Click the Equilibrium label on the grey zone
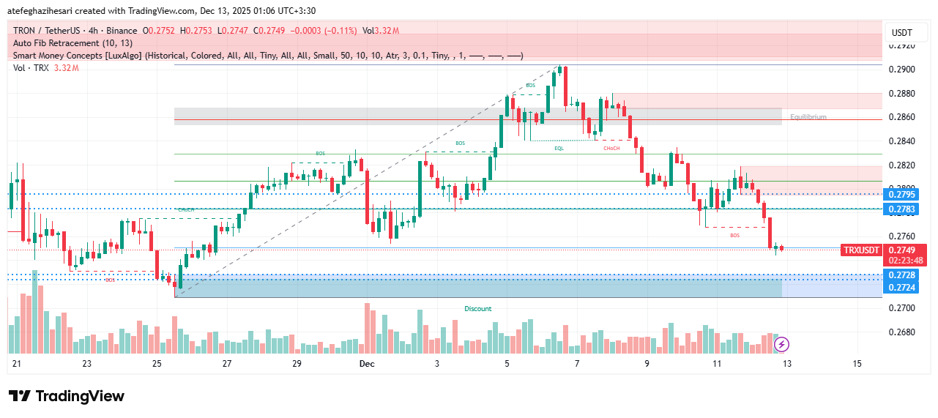[x=808, y=117]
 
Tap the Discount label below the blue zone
[x=478, y=309]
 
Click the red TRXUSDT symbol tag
[x=861, y=250]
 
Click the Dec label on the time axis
[x=367, y=364]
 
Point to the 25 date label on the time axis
[x=157, y=364]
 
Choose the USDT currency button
[x=902, y=33]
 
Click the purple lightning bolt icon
[x=781, y=344]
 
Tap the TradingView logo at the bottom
[x=67, y=396]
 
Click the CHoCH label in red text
[x=611, y=149]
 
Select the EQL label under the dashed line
[x=559, y=148]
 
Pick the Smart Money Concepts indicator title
[x=77, y=56]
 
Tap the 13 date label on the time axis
[x=786, y=364]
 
